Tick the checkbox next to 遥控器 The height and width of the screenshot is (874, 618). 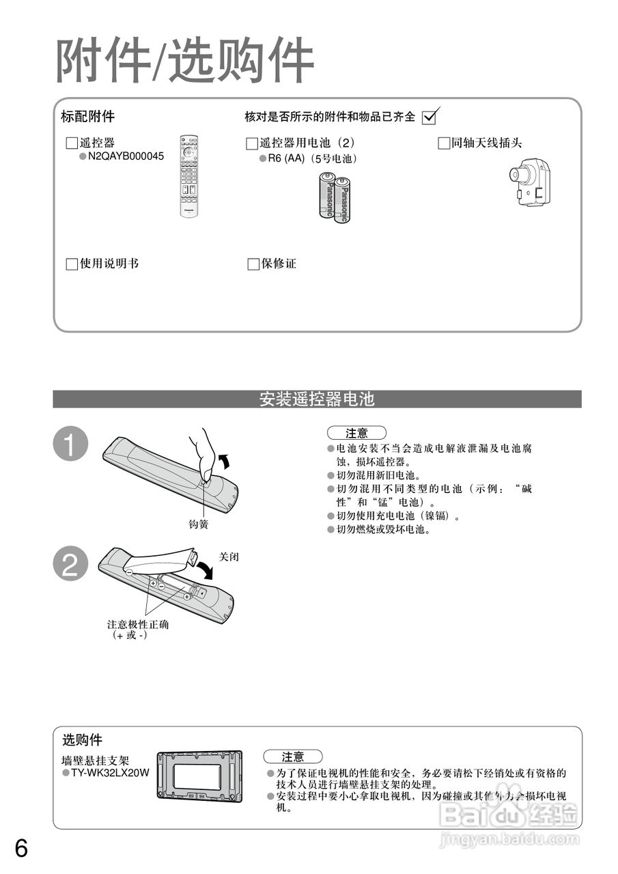pyautogui.click(x=71, y=143)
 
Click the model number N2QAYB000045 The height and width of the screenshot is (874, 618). pyautogui.click(x=126, y=156)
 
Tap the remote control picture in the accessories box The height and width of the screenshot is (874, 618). pyautogui.click(x=189, y=176)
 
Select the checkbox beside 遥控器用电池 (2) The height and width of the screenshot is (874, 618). pyautogui.click(x=252, y=143)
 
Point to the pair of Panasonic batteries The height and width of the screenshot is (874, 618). pyautogui.click(x=334, y=197)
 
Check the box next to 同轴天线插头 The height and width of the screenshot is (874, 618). pyautogui.click(x=444, y=143)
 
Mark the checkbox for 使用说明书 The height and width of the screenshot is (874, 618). pyautogui.click(x=71, y=264)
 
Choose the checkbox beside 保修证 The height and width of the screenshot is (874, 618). pyautogui.click(x=253, y=264)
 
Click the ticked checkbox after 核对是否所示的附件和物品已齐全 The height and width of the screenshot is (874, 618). pyautogui.click(x=430, y=117)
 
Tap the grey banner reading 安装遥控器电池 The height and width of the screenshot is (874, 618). pyautogui.click(x=317, y=399)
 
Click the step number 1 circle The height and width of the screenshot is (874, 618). pyautogui.click(x=70, y=445)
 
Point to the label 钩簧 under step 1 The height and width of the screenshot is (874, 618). pyautogui.click(x=198, y=524)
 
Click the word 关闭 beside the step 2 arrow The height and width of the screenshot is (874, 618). pyautogui.click(x=229, y=557)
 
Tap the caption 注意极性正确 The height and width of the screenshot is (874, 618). pyautogui.click(x=138, y=624)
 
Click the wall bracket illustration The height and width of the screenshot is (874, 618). pyautogui.click(x=199, y=776)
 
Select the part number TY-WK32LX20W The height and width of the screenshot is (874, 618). pyautogui.click(x=110, y=772)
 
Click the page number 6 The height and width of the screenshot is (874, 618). pyautogui.click(x=21, y=849)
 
